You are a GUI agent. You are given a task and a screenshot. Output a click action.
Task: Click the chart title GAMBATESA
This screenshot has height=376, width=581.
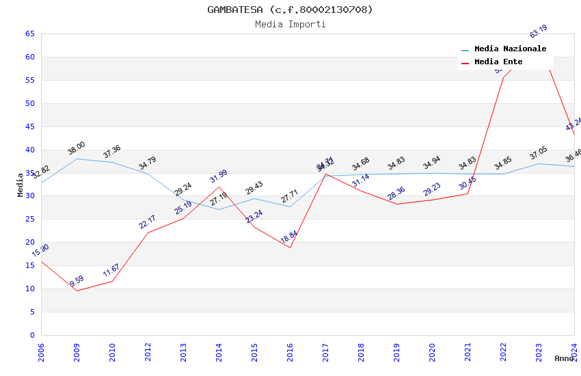point(290,10)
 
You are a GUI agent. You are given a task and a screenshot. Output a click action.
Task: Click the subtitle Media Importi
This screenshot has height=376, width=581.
point(290,24)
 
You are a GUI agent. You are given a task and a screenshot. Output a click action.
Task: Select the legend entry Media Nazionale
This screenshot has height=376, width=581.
point(510,49)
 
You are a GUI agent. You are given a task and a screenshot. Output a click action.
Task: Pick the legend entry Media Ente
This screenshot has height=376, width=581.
point(498,62)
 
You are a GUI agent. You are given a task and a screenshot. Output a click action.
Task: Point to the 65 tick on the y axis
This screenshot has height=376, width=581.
point(29,33)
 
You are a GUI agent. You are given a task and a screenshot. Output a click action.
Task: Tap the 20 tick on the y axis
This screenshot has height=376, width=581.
point(29,242)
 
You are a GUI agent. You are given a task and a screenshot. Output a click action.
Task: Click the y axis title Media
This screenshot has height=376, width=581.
point(21,185)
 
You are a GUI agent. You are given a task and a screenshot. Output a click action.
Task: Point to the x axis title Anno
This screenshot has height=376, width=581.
point(564,358)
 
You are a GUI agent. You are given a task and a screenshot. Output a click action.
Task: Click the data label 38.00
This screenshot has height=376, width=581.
point(77,148)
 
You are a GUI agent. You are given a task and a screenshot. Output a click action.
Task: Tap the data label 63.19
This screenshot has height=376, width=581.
point(539,31)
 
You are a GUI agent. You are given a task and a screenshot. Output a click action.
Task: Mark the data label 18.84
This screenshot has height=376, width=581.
point(289,237)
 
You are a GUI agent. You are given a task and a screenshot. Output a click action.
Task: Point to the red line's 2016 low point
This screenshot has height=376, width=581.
point(290,247)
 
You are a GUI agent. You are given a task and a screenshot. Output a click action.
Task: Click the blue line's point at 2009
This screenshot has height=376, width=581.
point(77,159)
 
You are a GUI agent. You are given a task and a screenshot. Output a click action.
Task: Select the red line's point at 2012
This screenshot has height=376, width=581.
point(148,232)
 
